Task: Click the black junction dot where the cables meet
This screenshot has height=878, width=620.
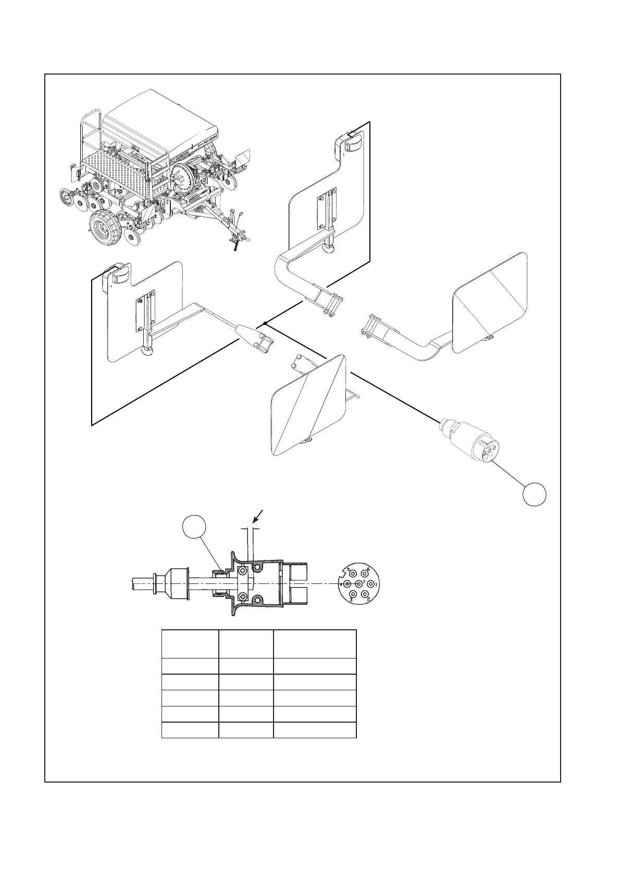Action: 265,323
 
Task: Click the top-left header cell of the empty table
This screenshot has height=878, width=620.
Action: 190,643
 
